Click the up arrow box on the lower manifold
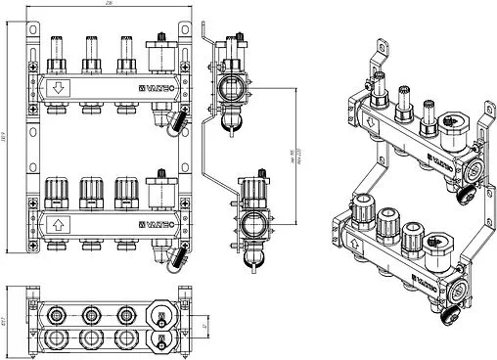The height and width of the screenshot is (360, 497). [x=57, y=224]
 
